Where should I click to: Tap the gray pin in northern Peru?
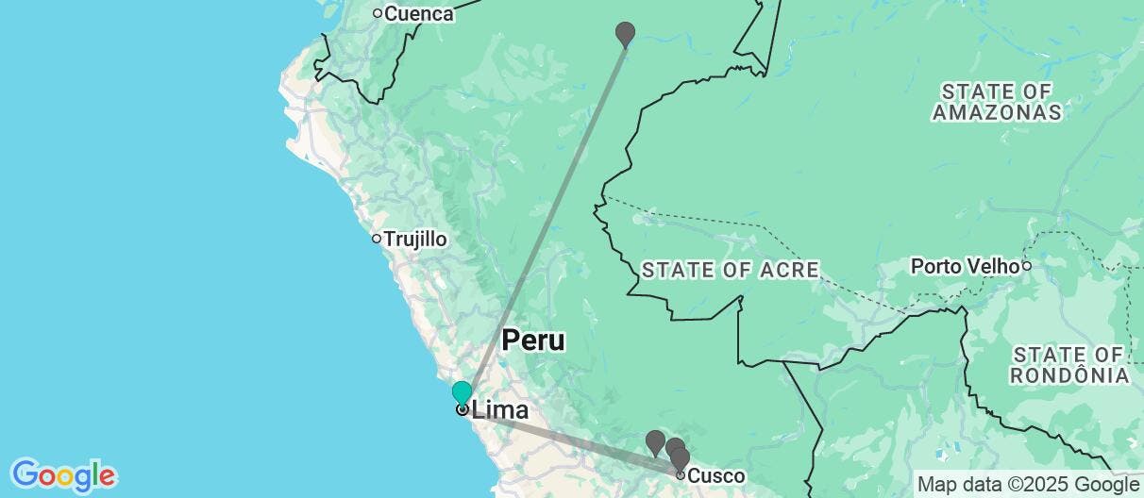click(625, 34)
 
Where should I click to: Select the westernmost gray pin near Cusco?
click(655, 441)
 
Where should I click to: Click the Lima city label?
click(499, 410)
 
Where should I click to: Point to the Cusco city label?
click(716, 476)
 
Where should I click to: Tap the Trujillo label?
click(415, 240)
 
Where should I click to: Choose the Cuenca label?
click(419, 14)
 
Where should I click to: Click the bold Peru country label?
click(533, 340)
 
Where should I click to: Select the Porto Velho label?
click(965, 267)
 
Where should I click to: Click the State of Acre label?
click(730, 271)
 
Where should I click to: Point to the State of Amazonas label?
click(997, 102)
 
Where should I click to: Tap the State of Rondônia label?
click(1069, 364)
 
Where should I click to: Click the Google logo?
click(63, 474)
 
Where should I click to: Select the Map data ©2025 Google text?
click(1028, 485)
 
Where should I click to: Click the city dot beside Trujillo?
click(376, 239)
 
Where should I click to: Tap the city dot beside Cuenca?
click(377, 13)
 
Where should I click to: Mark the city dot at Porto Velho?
click(1026, 267)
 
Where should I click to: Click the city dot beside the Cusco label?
click(680, 474)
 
